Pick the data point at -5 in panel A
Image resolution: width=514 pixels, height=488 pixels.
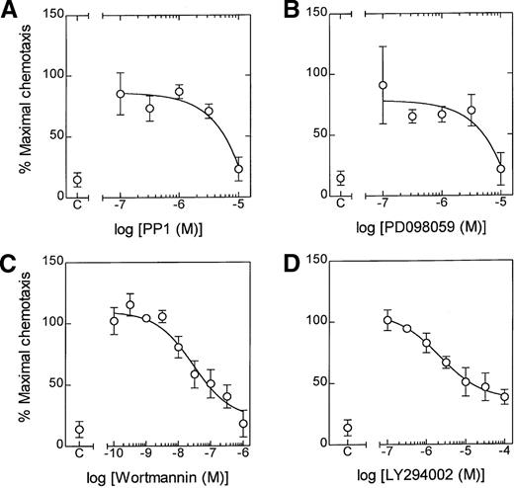pos(238,169)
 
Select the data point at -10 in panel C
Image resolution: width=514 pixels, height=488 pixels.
pos(114,321)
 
